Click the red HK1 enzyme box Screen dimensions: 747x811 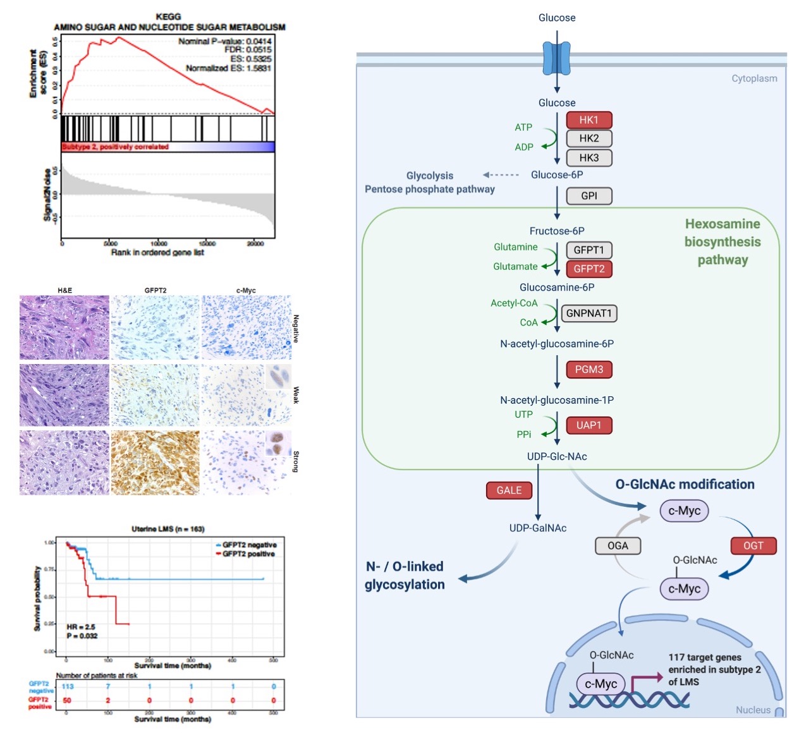click(x=588, y=120)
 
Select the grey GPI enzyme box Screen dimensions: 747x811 click(x=588, y=196)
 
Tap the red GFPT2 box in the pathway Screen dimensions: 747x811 click(x=588, y=269)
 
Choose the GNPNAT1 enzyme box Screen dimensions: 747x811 click(x=588, y=313)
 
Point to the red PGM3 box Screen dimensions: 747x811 click(x=588, y=370)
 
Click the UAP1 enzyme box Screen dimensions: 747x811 click(x=588, y=425)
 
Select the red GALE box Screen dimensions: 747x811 click(x=509, y=490)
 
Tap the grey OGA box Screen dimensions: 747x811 click(x=618, y=545)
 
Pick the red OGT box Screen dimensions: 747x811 click(x=753, y=545)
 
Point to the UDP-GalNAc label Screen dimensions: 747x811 click(x=538, y=528)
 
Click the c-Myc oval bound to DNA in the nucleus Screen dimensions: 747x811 click(x=601, y=684)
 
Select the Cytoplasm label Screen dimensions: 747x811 click(x=754, y=78)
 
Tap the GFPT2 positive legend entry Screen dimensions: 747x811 click(x=248, y=554)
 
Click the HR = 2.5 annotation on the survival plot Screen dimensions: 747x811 click(x=81, y=627)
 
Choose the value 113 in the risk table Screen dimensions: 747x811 click(x=68, y=686)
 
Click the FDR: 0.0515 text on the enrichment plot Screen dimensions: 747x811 click(x=248, y=50)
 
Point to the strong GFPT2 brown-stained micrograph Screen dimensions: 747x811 click(x=155, y=463)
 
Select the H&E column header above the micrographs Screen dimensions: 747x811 click(x=64, y=291)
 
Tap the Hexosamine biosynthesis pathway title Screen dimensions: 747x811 click(x=723, y=241)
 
